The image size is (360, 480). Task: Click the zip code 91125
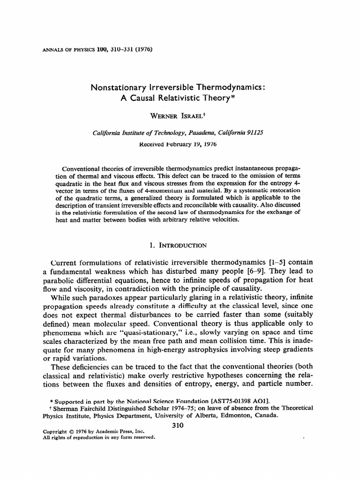(254, 133)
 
